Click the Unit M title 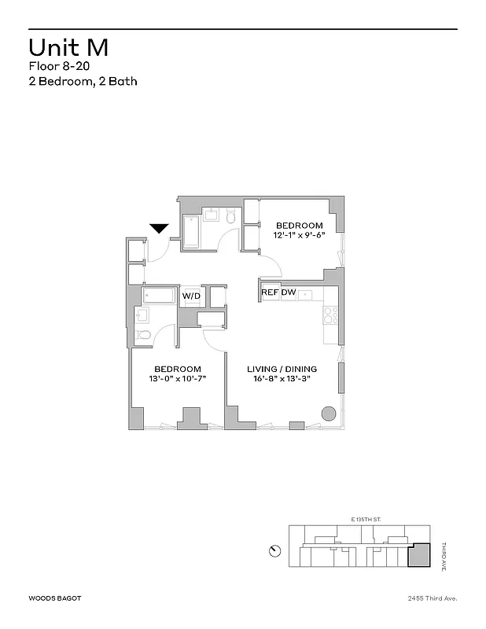tap(68, 47)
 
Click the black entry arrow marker tap(160, 228)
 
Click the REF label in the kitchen tap(270, 292)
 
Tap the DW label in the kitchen tap(289, 292)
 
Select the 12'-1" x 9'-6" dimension tap(298, 235)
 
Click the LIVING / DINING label tap(282, 369)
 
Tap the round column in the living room tap(329, 414)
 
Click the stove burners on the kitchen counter tap(331, 314)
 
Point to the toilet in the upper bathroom tap(230, 215)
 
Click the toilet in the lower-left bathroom tap(144, 336)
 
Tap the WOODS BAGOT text tap(54, 598)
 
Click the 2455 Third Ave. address tap(431, 598)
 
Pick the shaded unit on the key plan tap(419, 556)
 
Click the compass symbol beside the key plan tap(274, 550)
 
